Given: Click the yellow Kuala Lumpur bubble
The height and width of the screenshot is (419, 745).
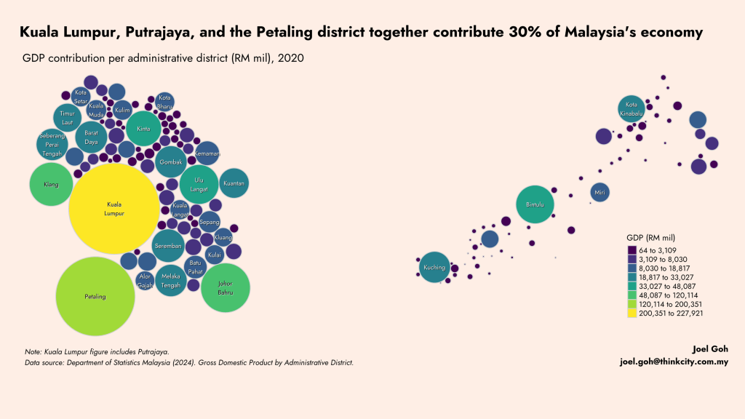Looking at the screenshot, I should pos(114,209).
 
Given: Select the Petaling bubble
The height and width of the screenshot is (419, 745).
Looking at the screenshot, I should pos(95,296).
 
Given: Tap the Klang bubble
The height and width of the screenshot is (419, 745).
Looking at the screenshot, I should pos(51,184).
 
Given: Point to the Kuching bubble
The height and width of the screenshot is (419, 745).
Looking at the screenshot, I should pos(434,267).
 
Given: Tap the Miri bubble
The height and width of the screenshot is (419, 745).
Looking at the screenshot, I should pos(600,193).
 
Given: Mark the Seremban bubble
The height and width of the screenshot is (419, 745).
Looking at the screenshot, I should pos(168,246).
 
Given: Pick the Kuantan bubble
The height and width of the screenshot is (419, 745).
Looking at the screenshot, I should pos(234,183).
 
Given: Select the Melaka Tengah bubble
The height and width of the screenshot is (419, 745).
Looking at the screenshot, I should pos(170,280).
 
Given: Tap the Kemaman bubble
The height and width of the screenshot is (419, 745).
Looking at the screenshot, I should pos(207,154).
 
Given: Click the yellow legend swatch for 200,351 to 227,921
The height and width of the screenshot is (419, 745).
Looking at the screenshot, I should pos(632,314).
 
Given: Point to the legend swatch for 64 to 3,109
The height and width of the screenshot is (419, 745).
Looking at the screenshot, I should pos(632,250).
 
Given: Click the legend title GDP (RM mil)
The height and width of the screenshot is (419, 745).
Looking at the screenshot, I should pos(650,238).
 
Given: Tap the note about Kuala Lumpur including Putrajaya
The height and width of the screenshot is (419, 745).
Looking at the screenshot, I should pos(97,351).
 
